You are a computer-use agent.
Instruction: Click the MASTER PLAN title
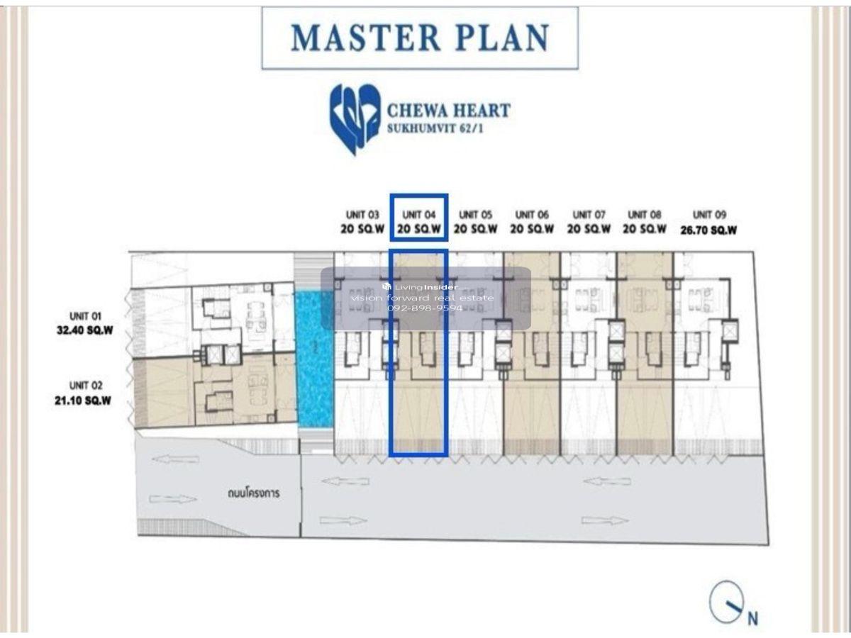tap(420, 38)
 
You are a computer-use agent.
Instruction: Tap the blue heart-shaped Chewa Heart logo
tap(355, 119)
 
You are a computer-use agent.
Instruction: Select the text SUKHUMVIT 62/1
tap(435, 128)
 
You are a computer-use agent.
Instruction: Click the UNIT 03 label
tap(362, 215)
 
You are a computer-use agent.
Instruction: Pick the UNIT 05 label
tap(475, 215)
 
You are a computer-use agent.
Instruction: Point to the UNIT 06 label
tap(532, 215)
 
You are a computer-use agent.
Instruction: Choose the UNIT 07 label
tap(589, 215)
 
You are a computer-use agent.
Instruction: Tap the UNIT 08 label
tap(645, 215)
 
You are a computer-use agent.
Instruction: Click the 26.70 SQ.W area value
tap(708, 230)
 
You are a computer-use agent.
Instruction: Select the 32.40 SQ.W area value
tap(85, 330)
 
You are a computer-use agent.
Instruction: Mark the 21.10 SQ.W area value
tap(83, 401)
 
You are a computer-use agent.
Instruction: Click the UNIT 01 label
tap(85, 316)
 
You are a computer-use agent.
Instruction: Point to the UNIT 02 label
tap(86, 386)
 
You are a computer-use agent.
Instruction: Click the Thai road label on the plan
tap(254, 493)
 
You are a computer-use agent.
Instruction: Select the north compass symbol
tap(725, 602)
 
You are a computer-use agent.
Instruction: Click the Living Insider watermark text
tap(421, 287)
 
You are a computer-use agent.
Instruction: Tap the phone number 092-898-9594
tap(425, 308)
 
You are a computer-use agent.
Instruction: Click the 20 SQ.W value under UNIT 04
tap(418, 229)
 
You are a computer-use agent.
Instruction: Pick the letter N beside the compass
tap(752, 618)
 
